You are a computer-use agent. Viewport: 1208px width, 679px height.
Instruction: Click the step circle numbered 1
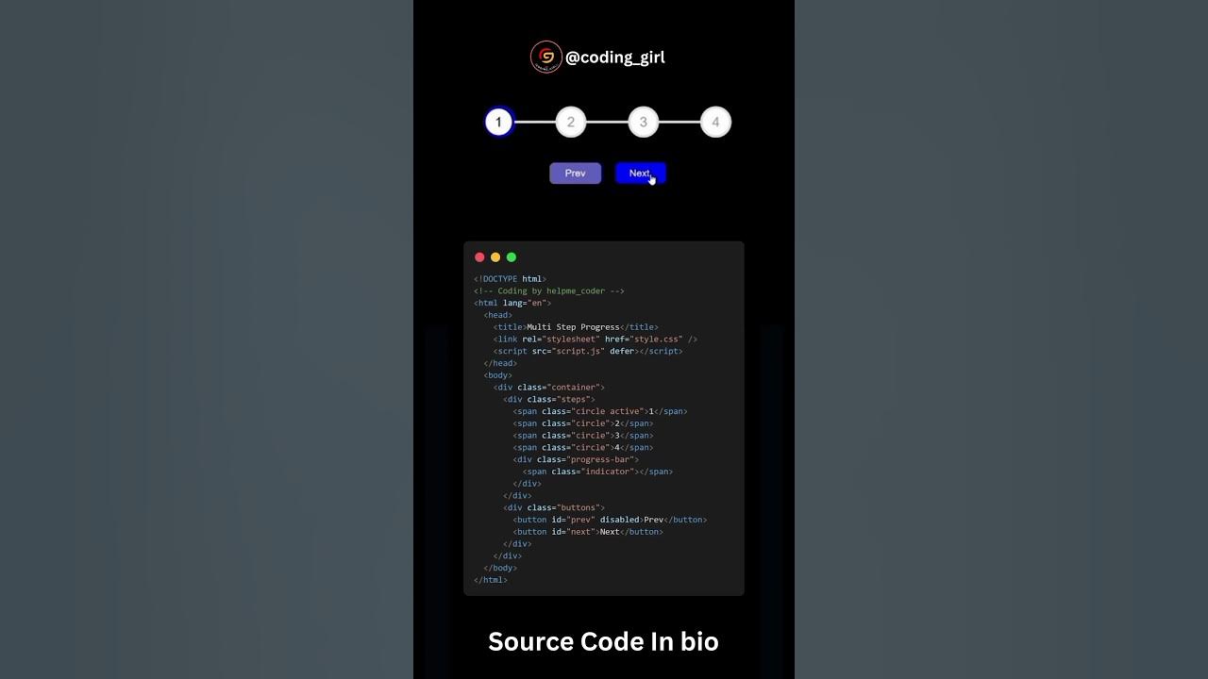(498, 122)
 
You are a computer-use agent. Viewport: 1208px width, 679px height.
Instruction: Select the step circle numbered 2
(570, 122)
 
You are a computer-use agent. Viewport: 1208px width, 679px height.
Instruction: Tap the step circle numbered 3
(643, 122)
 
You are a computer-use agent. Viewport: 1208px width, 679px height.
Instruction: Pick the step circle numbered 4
(715, 122)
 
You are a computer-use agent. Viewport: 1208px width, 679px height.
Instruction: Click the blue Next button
(640, 174)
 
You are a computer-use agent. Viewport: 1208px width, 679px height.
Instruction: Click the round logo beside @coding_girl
(545, 57)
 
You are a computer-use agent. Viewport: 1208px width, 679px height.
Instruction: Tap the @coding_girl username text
(615, 58)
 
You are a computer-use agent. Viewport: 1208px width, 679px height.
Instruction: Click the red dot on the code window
(479, 257)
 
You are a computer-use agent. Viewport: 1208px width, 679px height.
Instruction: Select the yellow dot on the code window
(495, 257)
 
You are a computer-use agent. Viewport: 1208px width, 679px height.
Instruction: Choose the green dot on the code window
(512, 257)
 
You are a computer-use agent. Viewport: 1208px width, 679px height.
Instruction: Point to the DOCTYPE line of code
(510, 279)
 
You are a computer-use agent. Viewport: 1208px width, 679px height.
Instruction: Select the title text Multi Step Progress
(573, 327)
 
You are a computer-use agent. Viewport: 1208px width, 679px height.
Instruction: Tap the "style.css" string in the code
(657, 339)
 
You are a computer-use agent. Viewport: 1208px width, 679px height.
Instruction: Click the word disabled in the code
(619, 520)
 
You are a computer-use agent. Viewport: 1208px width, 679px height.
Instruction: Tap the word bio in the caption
(698, 642)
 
